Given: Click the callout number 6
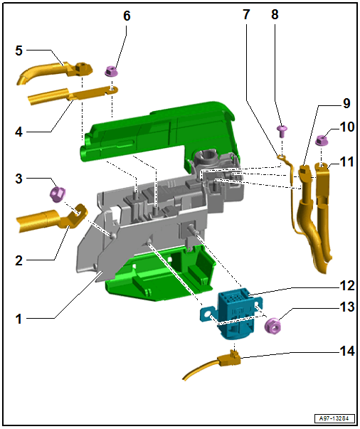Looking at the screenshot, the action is (127, 16).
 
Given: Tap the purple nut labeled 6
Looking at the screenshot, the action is (110, 71).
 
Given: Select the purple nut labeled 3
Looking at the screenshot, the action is (58, 194).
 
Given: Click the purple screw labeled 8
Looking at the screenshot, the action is (282, 130).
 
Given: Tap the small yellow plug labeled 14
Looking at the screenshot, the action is (229, 359).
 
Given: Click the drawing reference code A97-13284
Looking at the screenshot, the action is (334, 418).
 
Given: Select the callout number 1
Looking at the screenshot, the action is (18, 319).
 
